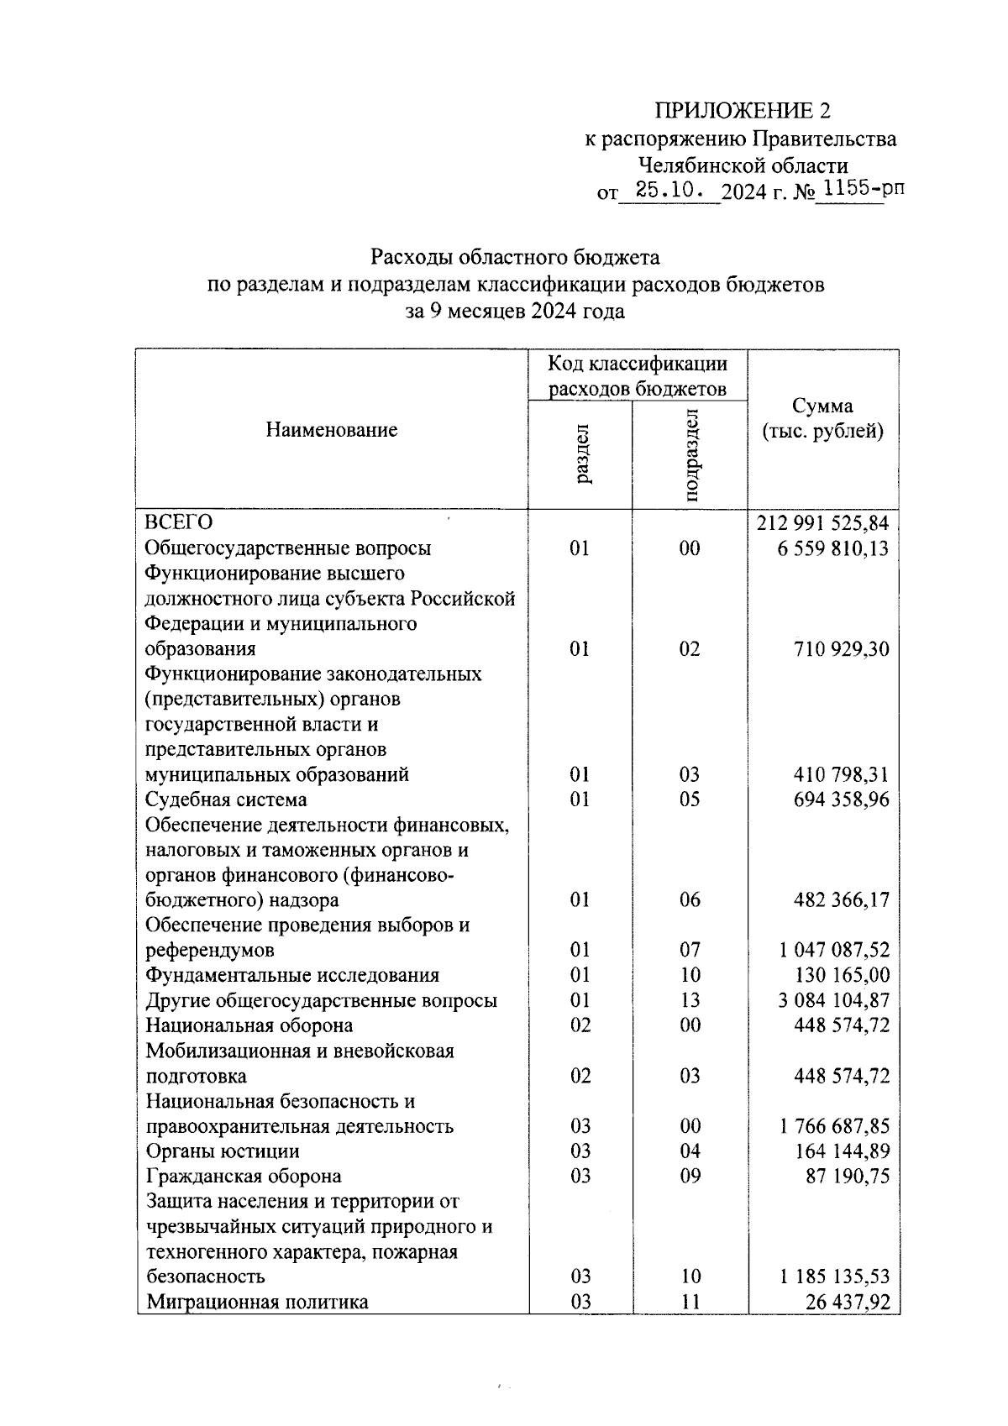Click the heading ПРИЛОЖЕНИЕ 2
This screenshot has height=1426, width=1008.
click(742, 111)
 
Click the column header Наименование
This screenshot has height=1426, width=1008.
click(332, 430)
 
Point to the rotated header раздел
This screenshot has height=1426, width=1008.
click(581, 454)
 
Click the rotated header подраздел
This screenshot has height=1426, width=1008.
click(690, 454)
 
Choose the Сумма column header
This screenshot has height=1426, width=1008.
click(822, 418)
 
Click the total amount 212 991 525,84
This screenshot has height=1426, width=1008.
click(822, 523)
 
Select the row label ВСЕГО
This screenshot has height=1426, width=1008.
click(179, 523)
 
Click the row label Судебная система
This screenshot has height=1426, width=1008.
click(226, 800)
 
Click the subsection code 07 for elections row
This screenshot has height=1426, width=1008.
click(690, 950)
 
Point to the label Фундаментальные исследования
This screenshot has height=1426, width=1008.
click(292, 975)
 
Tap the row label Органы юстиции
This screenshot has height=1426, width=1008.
click(223, 1151)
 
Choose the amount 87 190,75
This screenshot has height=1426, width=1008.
click(847, 1176)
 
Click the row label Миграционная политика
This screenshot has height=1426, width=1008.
click(257, 1302)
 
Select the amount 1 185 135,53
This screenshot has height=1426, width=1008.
click(833, 1277)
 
